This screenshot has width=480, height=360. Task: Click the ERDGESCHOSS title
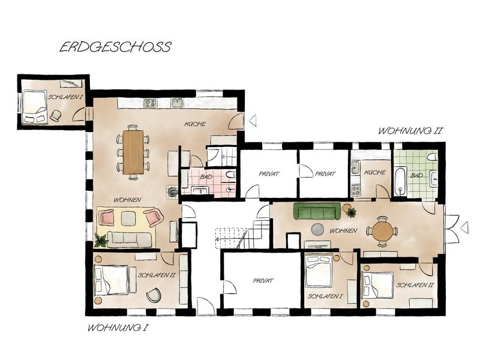point(115,47)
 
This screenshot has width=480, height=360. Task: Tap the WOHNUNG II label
point(410,131)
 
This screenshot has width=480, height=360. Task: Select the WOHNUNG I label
point(118,328)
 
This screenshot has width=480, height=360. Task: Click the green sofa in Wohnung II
point(317,211)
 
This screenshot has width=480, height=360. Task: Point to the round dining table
point(382,232)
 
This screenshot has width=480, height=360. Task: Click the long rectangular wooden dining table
point(133,152)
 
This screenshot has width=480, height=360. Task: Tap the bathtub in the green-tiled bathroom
point(400,181)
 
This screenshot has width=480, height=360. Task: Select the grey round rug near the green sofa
point(317,229)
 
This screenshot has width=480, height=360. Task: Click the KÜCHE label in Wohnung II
point(374,172)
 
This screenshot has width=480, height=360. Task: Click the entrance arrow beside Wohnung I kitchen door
point(253,121)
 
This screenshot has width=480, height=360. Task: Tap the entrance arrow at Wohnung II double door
point(464,228)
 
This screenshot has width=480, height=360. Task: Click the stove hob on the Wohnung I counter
point(150,103)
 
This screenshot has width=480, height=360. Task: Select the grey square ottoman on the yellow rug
point(128,218)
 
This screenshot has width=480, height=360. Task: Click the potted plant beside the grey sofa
point(101,241)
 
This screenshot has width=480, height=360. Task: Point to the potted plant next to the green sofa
point(351,212)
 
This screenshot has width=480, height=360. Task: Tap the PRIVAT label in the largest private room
point(263,280)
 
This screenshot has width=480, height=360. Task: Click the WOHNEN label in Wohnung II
point(343,230)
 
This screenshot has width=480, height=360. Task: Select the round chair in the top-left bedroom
point(55,115)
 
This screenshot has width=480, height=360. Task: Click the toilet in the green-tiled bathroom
point(433,157)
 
